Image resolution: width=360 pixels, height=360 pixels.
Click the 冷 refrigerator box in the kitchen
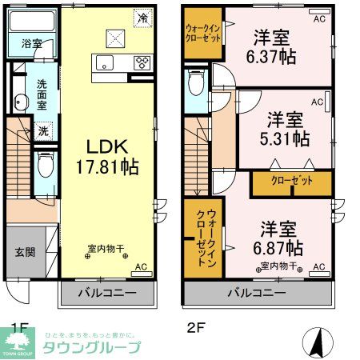pos(142,17)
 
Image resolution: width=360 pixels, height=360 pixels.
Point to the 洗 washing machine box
pos(45,130)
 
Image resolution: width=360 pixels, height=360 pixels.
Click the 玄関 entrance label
pos(24,252)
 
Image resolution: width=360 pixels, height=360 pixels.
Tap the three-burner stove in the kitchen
pos(143,62)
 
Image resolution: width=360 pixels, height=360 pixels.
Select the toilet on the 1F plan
pos(46,165)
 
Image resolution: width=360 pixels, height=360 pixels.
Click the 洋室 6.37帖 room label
pos(272,47)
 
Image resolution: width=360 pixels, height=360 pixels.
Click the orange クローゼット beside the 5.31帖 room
pos(291,183)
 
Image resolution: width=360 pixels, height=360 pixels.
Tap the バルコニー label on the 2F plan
pos(258,294)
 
